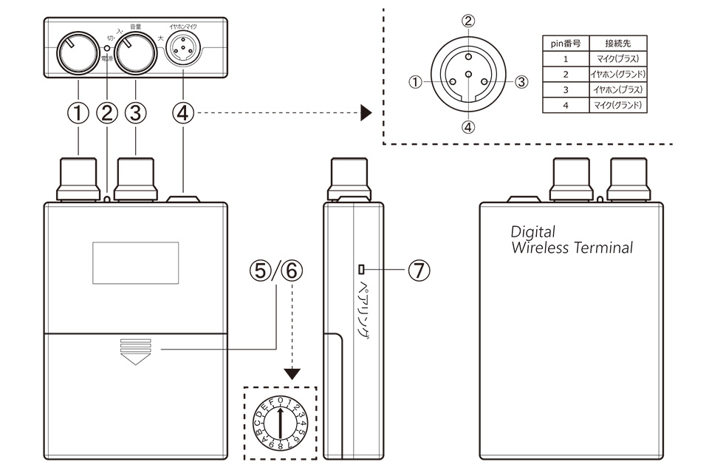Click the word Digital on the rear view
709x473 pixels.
533,232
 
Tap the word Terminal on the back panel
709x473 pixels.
606,248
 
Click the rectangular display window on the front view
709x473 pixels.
135,262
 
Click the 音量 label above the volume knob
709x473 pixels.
136,26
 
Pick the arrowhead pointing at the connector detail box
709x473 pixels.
366,114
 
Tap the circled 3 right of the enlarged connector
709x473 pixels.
521,82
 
